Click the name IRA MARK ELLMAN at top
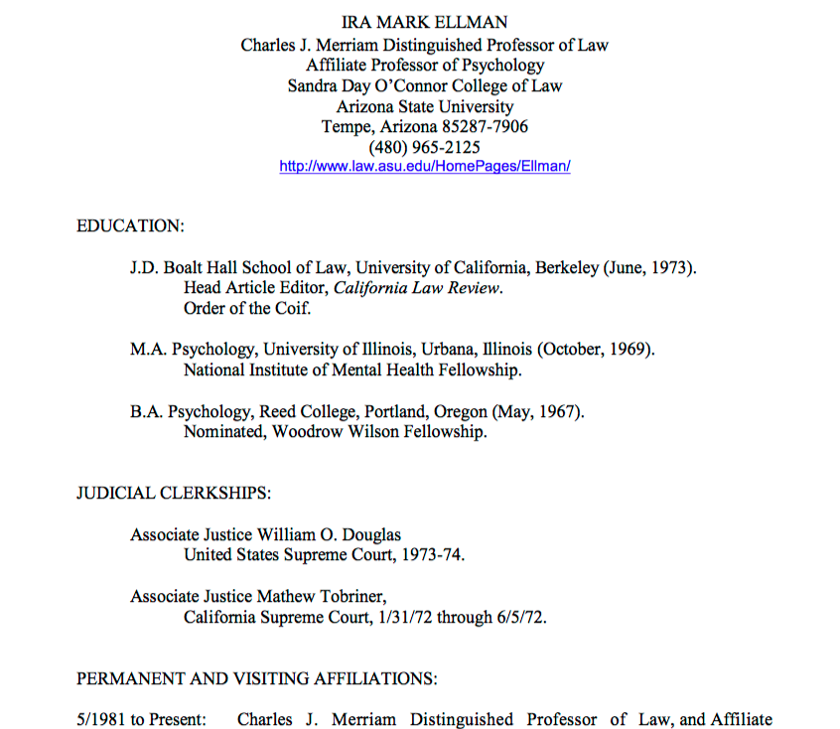coord(424,23)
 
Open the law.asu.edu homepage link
coord(424,167)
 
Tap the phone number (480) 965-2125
coord(424,147)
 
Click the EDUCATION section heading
coord(130,226)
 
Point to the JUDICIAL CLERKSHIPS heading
coord(174,493)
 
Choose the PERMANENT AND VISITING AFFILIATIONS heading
coord(256,679)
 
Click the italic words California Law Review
coord(417,288)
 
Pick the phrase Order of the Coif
coord(247,308)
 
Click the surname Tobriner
coord(348,596)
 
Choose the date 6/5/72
coord(521,617)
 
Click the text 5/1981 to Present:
coord(141,720)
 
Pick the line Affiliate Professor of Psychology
coord(424,65)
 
